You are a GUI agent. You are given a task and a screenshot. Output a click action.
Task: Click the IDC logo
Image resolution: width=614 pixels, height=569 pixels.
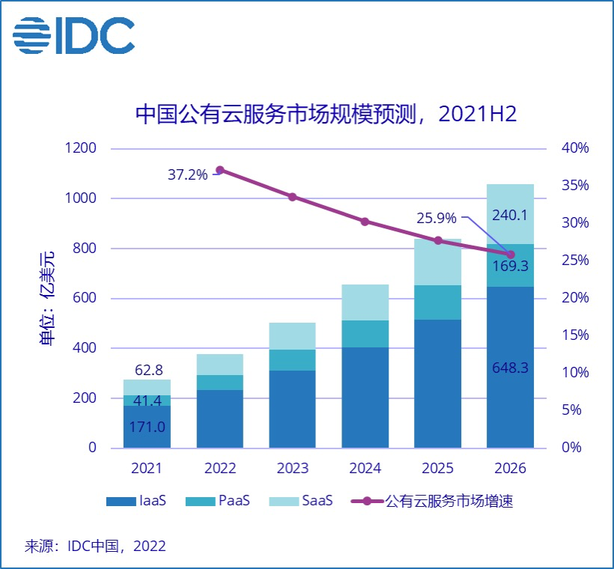[x=73, y=34]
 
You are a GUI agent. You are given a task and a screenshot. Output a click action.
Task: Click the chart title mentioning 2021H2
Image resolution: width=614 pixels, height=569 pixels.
[x=326, y=114]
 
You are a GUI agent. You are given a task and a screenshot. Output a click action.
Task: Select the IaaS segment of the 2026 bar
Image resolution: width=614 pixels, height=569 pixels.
[x=511, y=367]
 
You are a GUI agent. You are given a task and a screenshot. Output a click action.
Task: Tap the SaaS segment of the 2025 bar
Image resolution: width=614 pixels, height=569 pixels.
[x=438, y=262]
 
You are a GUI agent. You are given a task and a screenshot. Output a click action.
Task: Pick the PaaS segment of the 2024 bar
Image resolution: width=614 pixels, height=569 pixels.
[x=365, y=334]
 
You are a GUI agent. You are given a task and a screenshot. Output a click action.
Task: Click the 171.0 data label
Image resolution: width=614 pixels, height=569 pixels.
[x=148, y=427]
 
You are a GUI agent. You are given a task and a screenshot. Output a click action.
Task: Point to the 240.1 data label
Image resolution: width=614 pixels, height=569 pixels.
[x=511, y=216]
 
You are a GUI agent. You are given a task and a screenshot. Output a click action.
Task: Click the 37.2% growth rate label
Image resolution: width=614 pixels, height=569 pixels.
[x=187, y=175]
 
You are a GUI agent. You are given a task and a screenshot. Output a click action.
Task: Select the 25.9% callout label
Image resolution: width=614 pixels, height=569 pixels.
[x=436, y=219]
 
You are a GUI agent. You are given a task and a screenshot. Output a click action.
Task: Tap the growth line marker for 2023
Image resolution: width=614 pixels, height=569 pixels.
[x=293, y=197]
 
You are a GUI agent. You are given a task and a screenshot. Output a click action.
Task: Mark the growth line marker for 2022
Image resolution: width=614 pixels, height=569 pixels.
[x=220, y=171]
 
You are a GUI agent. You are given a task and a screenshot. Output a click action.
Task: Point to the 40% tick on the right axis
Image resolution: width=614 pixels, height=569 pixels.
[x=575, y=148]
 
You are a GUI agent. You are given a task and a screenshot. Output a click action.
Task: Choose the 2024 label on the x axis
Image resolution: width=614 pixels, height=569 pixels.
[x=365, y=469]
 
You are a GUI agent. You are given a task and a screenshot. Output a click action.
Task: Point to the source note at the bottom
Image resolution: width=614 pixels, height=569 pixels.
[x=95, y=545]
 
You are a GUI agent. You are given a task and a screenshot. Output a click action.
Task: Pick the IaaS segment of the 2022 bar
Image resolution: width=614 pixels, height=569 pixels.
[x=220, y=419]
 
